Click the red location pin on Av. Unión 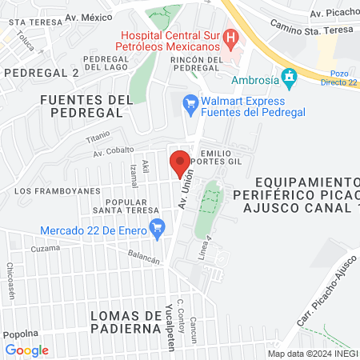pyautogui.click(x=180, y=163)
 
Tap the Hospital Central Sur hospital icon pyautogui.click(x=231, y=36)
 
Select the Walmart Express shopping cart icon pyautogui.click(x=190, y=102)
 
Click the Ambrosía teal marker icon pyautogui.click(x=290, y=79)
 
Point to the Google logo pyautogui.click(x=26, y=350)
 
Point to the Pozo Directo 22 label pyautogui.click(x=338, y=77)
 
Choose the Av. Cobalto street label pyautogui.click(x=113, y=150)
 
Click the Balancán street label pyautogui.click(x=144, y=257)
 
